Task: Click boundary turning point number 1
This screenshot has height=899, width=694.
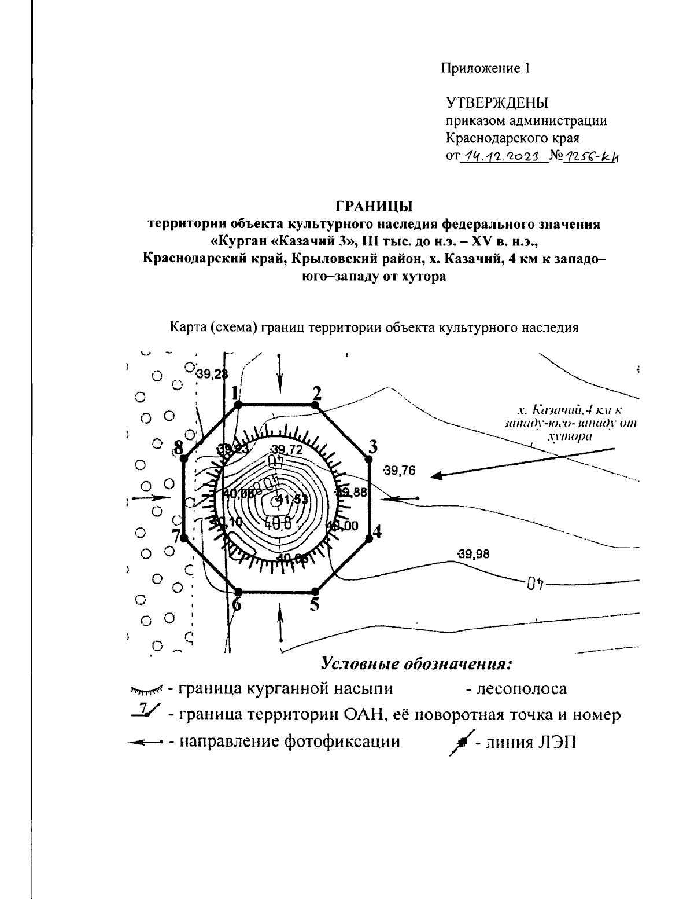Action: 238,406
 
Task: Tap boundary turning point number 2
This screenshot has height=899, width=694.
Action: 315,406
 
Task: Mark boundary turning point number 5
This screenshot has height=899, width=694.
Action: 315,591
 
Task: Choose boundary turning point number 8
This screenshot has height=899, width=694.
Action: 183,458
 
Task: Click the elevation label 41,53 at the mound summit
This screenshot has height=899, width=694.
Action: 287,500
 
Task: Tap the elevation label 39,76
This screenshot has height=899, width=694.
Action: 399,471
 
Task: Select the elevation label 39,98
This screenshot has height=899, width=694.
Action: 473,555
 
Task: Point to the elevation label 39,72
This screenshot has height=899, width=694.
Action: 287,450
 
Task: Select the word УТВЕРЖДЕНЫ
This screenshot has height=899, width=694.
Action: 497,103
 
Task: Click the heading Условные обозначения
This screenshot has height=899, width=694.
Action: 417,663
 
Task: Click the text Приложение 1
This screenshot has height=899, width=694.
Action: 485,69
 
